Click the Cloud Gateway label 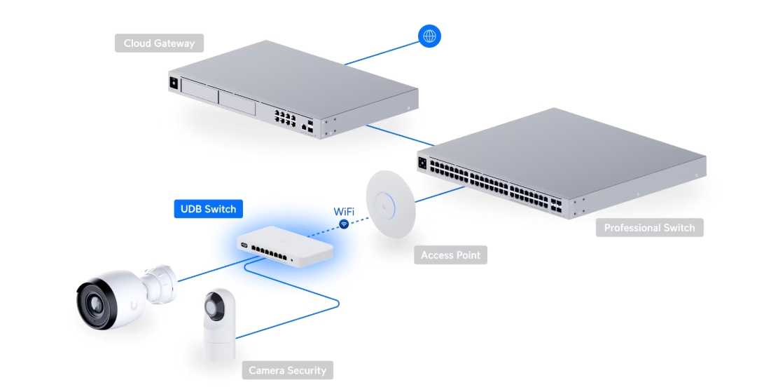tap(159, 43)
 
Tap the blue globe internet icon tap(429, 36)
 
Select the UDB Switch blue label tap(208, 209)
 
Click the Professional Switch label tap(649, 228)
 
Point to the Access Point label tap(450, 255)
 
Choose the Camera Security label tap(287, 370)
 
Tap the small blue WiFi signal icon tap(344, 224)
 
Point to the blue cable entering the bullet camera tap(203, 272)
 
